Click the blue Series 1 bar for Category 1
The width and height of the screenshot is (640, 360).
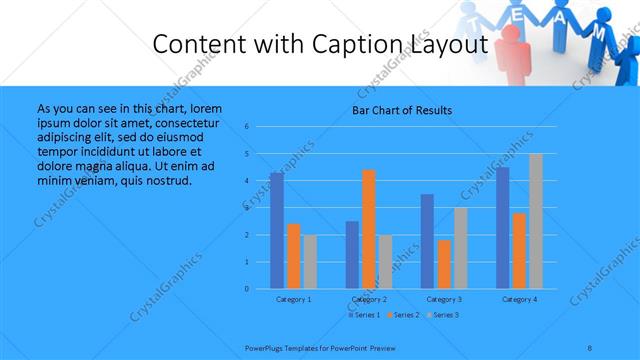(x=276, y=231)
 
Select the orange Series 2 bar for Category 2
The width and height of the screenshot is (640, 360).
(x=368, y=229)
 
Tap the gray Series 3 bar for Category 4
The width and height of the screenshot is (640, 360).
(x=535, y=221)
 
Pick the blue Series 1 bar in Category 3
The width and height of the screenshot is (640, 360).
(x=427, y=241)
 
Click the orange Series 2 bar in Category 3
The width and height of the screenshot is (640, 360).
(x=443, y=264)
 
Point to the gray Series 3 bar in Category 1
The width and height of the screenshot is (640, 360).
(x=309, y=262)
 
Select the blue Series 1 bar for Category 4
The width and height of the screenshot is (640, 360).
(x=502, y=228)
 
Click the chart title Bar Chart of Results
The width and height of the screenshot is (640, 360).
(x=402, y=110)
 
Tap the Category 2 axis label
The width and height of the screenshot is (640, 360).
(x=369, y=299)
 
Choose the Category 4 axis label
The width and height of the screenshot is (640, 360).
(x=519, y=299)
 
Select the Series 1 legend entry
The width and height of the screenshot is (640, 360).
(x=364, y=315)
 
